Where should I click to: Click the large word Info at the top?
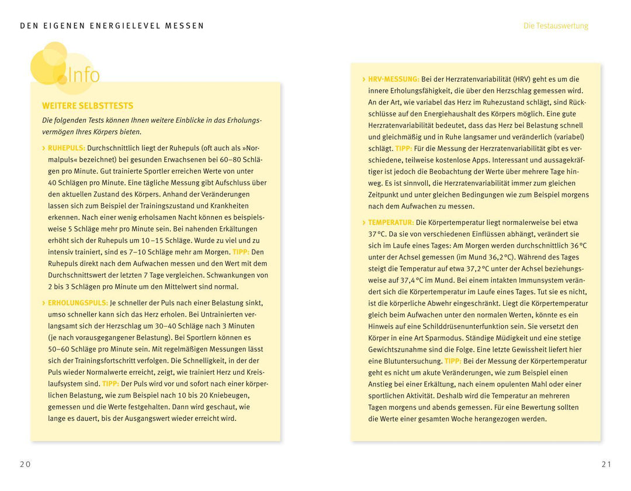[84, 75]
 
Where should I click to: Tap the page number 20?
[25, 464]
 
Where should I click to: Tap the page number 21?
[606, 464]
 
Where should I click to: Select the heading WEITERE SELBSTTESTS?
[88, 106]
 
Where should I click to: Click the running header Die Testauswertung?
[556, 26]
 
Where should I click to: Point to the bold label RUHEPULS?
[66, 148]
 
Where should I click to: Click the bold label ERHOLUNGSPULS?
[78, 303]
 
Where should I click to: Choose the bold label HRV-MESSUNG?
[393, 79]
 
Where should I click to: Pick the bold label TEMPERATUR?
[390, 223]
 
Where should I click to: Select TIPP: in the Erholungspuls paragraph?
[110, 384]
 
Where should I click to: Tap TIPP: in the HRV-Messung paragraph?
[403, 148]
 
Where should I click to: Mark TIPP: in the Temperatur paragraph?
[453, 361]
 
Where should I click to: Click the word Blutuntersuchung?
[412, 361]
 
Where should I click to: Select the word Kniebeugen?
[229, 395]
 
